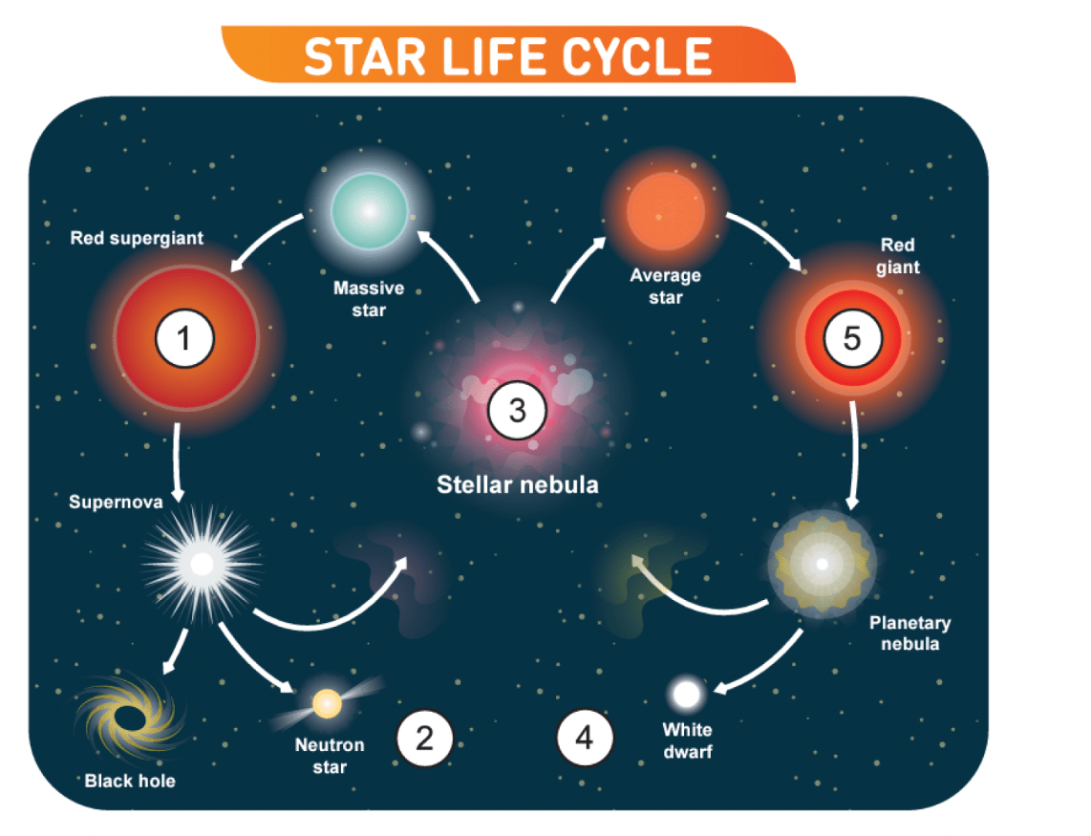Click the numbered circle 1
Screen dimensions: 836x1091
pyautogui.click(x=184, y=337)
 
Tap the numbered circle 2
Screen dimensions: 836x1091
pyautogui.click(x=423, y=739)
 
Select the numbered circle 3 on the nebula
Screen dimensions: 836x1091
pyautogui.click(x=517, y=412)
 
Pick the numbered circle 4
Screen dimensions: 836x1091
pyautogui.click(x=585, y=739)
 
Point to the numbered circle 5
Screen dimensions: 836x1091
pyautogui.click(x=851, y=337)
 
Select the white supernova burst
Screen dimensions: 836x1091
pyautogui.click(x=202, y=564)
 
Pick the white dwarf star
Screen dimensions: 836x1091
pyautogui.click(x=686, y=695)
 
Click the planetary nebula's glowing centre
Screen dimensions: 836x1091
pyautogui.click(x=821, y=564)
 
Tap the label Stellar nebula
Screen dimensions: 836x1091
pyautogui.click(x=517, y=484)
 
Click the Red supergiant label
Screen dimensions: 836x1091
pyautogui.click(x=137, y=238)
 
